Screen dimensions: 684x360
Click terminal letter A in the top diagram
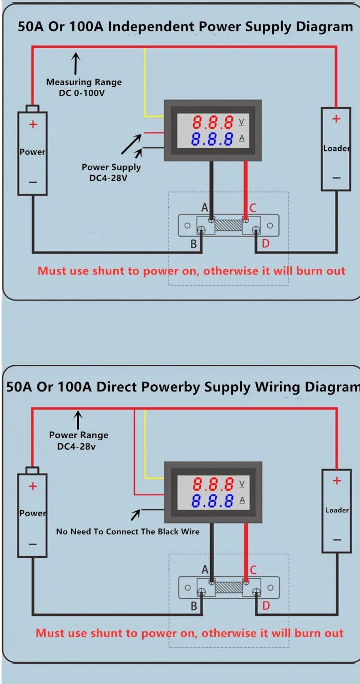[x=205, y=208]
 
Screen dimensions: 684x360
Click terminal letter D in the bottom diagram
[x=266, y=606]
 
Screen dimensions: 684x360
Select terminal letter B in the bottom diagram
[x=194, y=606]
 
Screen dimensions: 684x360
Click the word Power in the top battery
[x=32, y=152]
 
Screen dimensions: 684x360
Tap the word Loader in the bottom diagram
[x=337, y=510]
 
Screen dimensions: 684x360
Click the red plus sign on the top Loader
[x=336, y=119]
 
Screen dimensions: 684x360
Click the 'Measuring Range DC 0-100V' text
[x=84, y=87]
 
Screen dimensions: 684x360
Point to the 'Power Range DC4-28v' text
[x=78, y=441]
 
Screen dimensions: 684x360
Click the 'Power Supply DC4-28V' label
[x=111, y=171]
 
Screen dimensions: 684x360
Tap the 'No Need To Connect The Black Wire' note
[x=128, y=532]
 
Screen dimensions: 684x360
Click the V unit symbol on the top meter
[x=242, y=122]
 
